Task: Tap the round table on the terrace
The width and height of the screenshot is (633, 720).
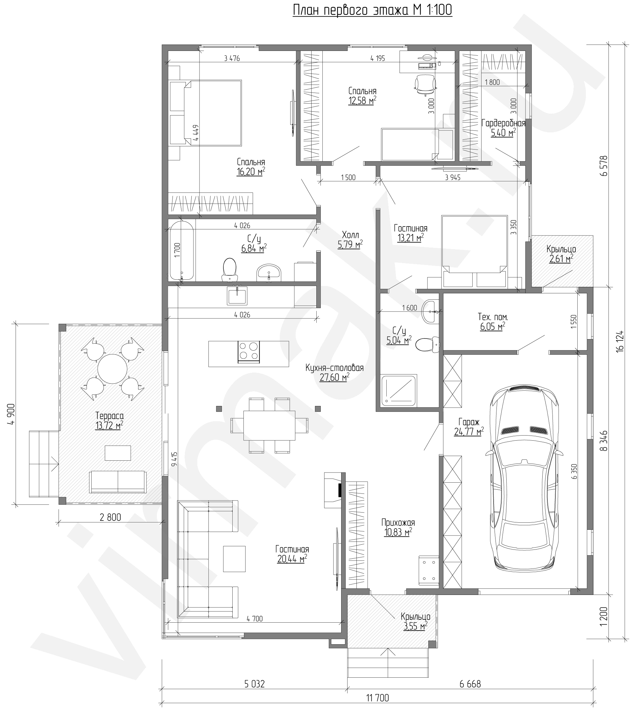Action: (112, 369)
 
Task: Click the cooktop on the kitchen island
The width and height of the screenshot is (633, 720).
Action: (249, 352)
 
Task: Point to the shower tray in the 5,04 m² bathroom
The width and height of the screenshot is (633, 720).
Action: (399, 390)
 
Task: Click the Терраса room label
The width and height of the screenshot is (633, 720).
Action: (109, 416)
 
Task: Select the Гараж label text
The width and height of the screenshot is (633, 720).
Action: (469, 421)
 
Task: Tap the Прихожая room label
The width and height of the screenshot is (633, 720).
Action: (398, 522)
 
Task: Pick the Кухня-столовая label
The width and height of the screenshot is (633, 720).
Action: (334, 368)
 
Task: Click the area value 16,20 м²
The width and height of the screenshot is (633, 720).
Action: (251, 171)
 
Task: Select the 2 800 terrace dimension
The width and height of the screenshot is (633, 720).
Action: (110, 517)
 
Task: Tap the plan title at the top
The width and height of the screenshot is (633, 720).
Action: (372, 10)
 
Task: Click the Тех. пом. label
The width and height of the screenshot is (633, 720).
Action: (492, 317)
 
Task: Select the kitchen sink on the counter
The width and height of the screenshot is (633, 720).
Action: (237, 296)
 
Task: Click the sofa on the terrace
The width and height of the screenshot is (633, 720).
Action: (118, 482)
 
